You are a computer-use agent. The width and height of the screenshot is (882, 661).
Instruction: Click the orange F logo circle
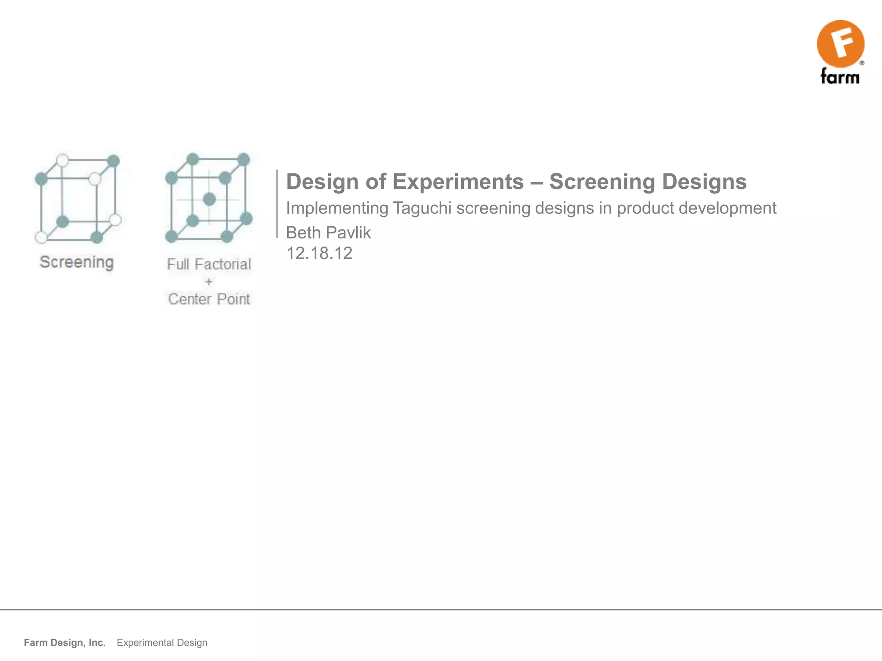(x=840, y=43)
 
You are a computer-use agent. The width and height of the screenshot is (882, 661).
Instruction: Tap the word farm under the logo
(x=840, y=77)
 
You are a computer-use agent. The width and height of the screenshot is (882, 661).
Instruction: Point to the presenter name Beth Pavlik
(x=328, y=233)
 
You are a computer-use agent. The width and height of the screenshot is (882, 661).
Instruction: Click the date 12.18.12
(x=319, y=253)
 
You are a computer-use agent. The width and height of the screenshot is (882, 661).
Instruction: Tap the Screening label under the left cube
(x=77, y=262)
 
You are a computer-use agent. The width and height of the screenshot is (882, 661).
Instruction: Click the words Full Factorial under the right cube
(x=209, y=264)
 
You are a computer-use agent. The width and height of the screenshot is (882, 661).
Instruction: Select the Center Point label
(x=209, y=299)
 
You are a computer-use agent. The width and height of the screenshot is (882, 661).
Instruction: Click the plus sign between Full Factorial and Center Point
(x=209, y=282)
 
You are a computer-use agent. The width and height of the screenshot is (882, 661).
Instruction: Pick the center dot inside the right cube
(x=209, y=199)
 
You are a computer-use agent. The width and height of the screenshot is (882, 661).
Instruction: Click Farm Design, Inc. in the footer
(x=65, y=642)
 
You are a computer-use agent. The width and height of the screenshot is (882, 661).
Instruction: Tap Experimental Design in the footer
(x=162, y=642)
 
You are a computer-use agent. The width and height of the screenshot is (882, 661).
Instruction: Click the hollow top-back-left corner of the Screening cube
(x=62, y=160)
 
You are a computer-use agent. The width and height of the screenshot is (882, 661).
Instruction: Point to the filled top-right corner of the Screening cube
(x=113, y=161)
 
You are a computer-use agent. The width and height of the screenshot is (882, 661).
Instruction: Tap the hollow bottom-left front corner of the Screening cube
(x=41, y=237)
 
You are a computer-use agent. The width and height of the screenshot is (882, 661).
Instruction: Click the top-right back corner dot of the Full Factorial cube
(x=244, y=159)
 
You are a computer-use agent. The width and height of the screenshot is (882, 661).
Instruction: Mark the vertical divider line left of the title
(x=277, y=204)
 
